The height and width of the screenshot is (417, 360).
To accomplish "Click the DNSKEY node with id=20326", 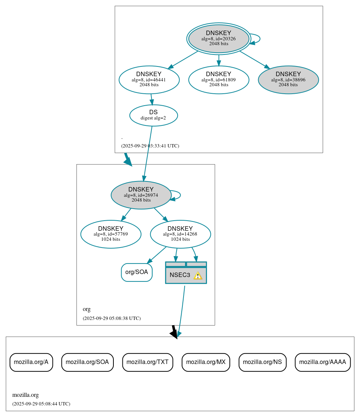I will click(x=219, y=39).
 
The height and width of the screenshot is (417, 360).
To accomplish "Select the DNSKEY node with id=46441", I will click(x=149, y=80).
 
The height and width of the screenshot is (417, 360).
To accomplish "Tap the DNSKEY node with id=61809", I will click(x=219, y=80).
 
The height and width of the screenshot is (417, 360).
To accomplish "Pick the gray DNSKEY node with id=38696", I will click(x=288, y=80).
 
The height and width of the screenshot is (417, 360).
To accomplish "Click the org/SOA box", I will click(x=137, y=272).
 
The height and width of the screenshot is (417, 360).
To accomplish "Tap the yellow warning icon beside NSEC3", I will click(x=198, y=276).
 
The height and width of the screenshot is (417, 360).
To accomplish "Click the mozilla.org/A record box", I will click(x=31, y=362).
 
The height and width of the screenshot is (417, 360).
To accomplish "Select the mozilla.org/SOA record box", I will click(x=87, y=362).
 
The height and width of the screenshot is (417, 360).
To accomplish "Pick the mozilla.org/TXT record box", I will click(x=147, y=362).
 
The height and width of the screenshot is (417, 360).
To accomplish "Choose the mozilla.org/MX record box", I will click(x=206, y=362).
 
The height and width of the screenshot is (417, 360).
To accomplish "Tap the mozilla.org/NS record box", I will click(x=262, y=362).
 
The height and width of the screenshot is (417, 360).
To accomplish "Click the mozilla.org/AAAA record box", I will click(x=322, y=362).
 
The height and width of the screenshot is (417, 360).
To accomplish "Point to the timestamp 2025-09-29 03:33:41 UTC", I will click(x=150, y=146).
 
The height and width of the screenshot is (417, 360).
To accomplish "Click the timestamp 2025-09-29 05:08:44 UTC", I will click(x=41, y=404).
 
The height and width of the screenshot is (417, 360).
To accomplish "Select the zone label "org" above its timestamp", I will click(x=87, y=309).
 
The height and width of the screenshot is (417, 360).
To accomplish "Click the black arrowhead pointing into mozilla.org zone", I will click(x=174, y=334).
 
